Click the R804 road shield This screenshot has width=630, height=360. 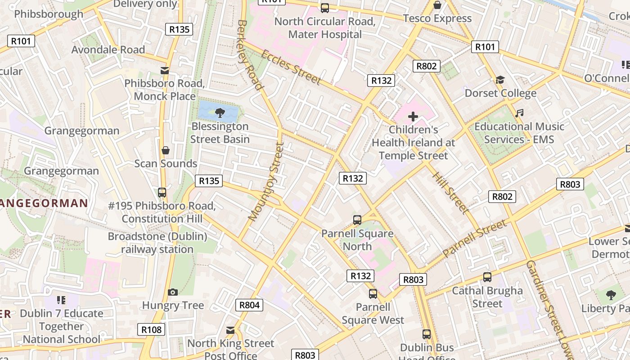point(249,305)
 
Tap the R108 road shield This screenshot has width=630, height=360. point(151,330)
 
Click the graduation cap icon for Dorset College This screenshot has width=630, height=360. point(500,80)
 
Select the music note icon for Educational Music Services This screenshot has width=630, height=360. point(519,113)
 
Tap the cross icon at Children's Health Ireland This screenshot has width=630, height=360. point(413,117)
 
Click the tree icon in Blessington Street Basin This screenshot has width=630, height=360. point(220,112)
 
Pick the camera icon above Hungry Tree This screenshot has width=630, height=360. point(173,292)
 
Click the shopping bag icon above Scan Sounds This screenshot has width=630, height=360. point(166,150)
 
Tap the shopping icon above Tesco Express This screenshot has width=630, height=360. point(437,5)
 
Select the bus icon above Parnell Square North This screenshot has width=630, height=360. point(357,220)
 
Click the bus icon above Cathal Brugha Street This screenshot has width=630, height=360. point(487,277)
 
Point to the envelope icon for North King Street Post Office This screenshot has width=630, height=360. point(230,330)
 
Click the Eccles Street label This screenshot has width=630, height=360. point(291,67)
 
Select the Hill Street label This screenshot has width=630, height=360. point(450,192)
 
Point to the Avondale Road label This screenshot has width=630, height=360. point(108,49)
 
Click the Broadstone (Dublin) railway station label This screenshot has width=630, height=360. point(157,243)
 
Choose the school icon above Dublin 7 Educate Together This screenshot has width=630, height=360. point(61,300)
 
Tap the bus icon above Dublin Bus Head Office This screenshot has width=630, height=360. point(426,334)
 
